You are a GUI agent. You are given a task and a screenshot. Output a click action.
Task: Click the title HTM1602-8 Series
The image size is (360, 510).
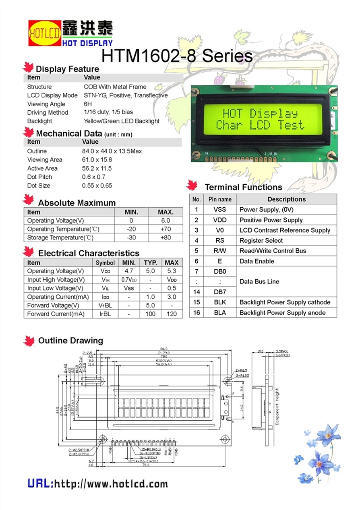(x=177, y=56)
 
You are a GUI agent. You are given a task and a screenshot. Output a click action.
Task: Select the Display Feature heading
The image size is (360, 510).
(x=67, y=69)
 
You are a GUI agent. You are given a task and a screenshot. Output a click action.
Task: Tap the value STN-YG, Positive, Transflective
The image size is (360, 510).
(x=126, y=95)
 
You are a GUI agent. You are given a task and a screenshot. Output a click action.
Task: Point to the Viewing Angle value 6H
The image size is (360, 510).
(x=88, y=104)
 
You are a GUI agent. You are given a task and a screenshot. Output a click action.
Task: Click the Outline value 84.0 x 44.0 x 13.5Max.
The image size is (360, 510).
(x=112, y=151)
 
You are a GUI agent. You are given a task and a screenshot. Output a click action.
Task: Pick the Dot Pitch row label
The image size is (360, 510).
(x=39, y=177)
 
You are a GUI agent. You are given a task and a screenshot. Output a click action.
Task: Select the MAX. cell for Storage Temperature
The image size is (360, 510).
(x=166, y=237)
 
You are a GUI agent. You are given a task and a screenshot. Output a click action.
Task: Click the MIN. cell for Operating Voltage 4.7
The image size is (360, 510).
(x=129, y=271)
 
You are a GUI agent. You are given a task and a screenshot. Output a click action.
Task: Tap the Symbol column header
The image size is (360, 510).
(x=105, y=263)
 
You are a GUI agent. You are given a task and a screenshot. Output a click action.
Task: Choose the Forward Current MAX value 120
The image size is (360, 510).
(x=172, y=314)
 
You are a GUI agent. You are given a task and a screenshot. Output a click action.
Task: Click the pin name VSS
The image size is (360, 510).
(x=220, y=210)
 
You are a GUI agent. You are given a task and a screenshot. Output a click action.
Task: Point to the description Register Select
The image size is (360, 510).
(x=261, y=241)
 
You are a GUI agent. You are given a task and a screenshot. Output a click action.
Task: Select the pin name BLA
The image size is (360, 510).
(x=220, y=313)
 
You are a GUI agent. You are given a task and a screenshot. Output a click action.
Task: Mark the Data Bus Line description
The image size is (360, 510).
(x=259, y=282)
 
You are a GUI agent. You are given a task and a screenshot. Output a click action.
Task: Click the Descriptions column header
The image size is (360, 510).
(x=286, y=199)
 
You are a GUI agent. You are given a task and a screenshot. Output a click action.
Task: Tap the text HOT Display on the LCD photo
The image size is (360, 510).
(x=260, y=114)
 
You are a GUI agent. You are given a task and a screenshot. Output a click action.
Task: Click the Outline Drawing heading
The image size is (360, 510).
(x=70, y=341)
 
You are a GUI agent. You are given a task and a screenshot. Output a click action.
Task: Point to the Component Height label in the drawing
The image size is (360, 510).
(x=277, y=407)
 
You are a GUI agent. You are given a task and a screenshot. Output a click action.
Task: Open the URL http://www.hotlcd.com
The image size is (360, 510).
(x=97, y=484)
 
